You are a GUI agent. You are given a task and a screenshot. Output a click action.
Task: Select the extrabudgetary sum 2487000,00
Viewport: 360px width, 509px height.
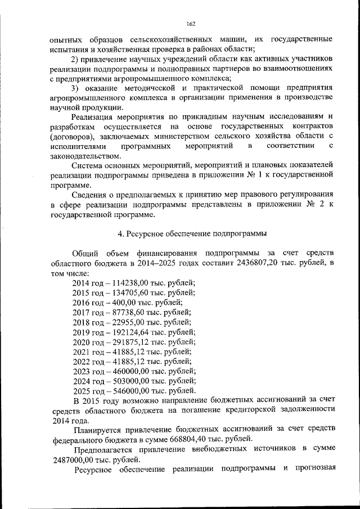pos(71,459)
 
